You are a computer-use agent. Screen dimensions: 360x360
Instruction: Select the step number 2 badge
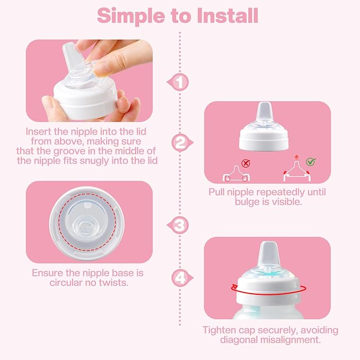pos(180,142)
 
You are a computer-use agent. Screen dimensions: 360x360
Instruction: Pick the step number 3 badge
pos(181,225)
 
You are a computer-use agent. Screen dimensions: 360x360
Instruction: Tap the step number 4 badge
pos(180,276)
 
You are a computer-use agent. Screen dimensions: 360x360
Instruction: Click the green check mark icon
pos(311,162)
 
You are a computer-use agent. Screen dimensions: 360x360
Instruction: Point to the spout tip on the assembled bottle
pos(268,249)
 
